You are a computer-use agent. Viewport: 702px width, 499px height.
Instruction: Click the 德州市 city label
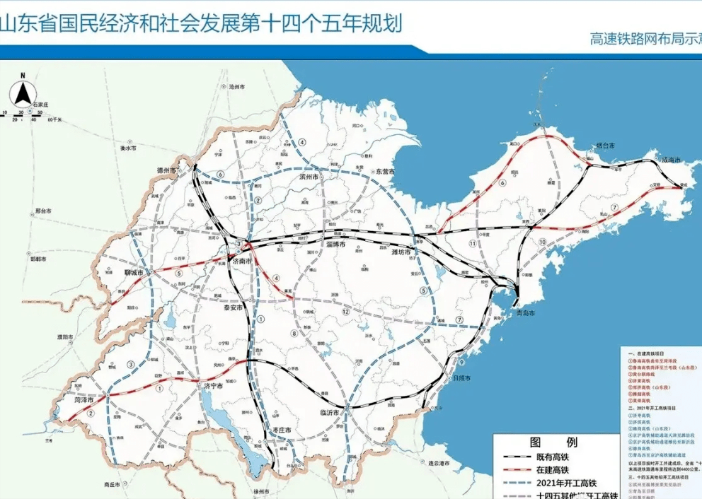169,170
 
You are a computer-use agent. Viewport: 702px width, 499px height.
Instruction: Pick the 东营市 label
385,172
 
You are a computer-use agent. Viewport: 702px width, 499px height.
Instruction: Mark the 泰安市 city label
230,308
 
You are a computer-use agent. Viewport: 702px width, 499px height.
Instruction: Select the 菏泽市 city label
86,399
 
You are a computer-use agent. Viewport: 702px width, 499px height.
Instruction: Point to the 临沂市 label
330,412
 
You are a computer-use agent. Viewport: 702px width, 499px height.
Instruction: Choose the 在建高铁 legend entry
553,470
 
